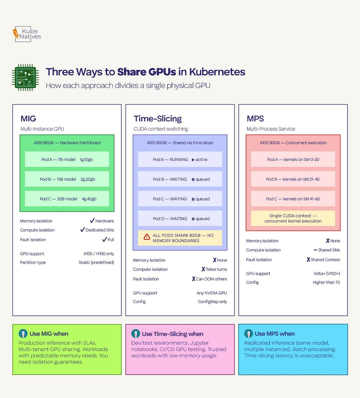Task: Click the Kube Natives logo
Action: (x=27, y=34)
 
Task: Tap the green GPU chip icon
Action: (x=25, y=77)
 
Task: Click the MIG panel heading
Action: (x=28, y=118)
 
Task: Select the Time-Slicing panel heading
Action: (x=157, y=118)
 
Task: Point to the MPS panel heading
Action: (x=255, y=118)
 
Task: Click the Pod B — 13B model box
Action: (x=67, y=179)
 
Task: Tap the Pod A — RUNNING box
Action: (x=180, y=160)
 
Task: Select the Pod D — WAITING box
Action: (x=180, y=219)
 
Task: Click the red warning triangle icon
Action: (x=147, y=237)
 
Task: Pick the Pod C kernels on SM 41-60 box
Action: (x=293, y=199)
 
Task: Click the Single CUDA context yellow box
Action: (x=293, y=218)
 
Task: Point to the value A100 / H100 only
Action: (x=98, y=254)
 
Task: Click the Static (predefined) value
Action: (x=96, y=262)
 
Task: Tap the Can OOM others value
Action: (x=211, y=279)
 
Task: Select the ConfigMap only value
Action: (x=212, y=302)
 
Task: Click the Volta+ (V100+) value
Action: (x=327, y=274)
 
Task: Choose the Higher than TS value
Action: (x=326, y=282)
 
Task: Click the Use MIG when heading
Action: (x=49, y=334)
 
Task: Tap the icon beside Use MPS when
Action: (x=248, y=334)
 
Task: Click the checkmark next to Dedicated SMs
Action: (x=83, y=230)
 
